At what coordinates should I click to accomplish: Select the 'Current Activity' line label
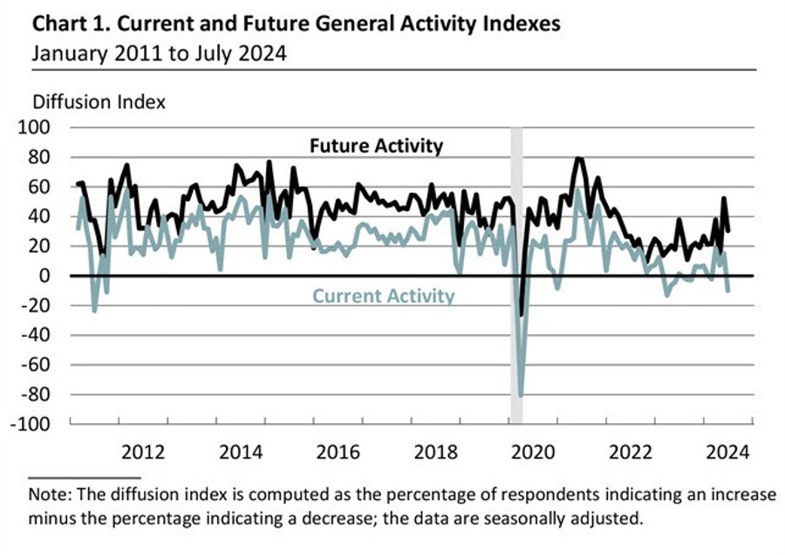(384, 296)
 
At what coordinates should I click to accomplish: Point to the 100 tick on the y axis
(38, 127)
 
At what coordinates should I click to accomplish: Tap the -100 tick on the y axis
(35, 424)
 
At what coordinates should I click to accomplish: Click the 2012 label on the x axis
(143, 452)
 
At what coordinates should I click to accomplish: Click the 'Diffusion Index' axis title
(99, 101)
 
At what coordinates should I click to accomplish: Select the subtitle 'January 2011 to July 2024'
(160, 52)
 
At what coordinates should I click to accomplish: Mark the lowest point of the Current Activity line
(522, 395)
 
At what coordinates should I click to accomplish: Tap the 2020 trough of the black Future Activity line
(522, 315)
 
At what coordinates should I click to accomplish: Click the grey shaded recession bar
(516, 218)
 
